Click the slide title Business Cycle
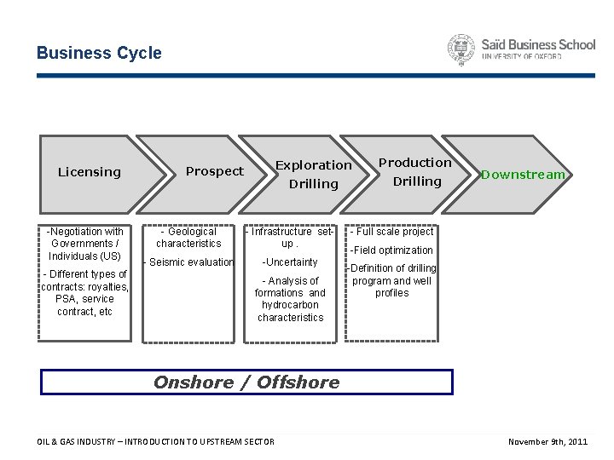pos(99,53)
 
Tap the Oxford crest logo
pos(461,50)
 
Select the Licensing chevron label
pos(90,172)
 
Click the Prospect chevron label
pos(215,171)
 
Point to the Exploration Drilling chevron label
pos(313,174)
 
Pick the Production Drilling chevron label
pos(415,171)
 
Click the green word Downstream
pos(523,175)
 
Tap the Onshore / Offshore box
pos(247,382)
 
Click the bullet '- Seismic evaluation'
pos(188,262)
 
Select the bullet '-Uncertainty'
pos(290,262)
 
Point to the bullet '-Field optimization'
pos(392,250)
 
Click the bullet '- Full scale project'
pos(391,232)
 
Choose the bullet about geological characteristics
pos(188,238)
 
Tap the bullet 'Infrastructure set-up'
pos(290,238)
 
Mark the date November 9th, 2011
pos(547,441)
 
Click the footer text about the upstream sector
pos(156,441)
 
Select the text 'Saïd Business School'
pos(538,44)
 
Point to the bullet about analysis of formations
pos(290,299)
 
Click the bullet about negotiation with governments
pos(84,244)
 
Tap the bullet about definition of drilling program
pos(392,281)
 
